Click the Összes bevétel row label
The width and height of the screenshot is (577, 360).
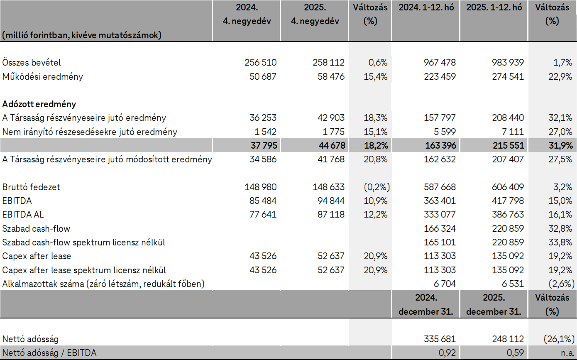(x=32, y=63)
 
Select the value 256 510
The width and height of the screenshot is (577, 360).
(x=261, y=63)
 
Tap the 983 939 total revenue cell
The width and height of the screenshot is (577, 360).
(x=506, y=63)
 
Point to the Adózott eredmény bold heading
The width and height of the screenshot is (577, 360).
(x=39, y=104)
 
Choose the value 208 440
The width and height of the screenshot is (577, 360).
(x=506, y=118)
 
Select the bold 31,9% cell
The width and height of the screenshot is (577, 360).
(x=560, y=146)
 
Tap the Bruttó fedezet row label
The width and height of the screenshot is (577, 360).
(x=31, y=187)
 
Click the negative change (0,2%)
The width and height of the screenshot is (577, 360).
(x=376, y=187)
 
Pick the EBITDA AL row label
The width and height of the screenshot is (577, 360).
(x=23, y=215)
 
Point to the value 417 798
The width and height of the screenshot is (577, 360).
(x=506, y=201)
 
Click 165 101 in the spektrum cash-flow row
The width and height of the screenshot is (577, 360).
(x=440, y=242)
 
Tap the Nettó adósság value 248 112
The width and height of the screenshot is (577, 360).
(x=506, y=340)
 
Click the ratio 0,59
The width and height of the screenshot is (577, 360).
(x=515, y=353)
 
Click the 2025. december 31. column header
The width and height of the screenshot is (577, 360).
(x=494, y=305)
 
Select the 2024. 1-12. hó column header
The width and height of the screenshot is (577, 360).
(x=426, y=7)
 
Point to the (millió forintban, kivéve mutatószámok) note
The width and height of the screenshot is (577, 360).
(x=82, y=35)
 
